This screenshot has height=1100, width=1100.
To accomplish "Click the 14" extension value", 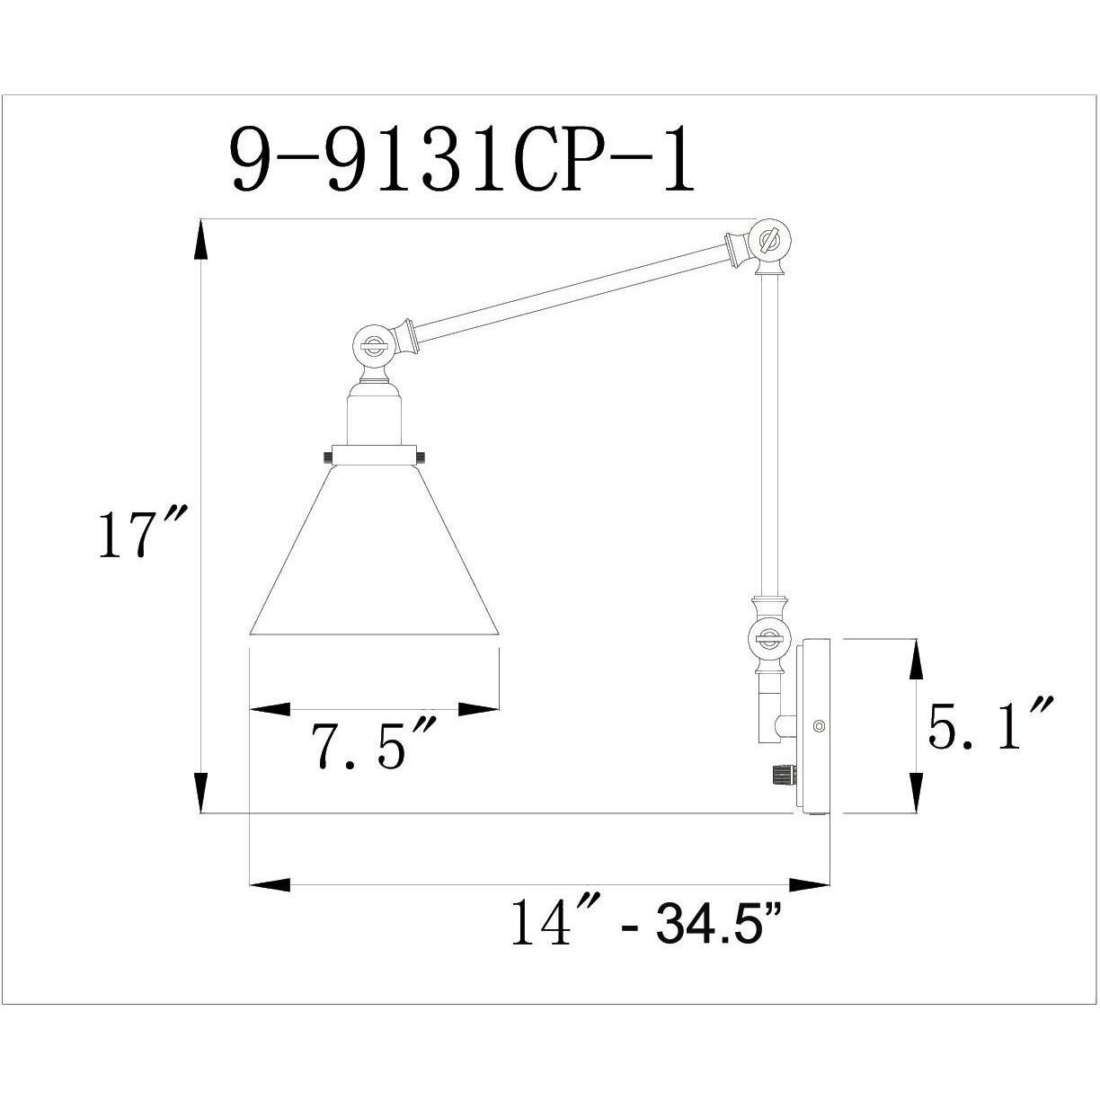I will pos(542,922).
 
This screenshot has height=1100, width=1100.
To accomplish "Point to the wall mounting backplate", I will pos(813,726).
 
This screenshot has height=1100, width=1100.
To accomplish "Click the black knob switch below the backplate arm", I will pos(782,773).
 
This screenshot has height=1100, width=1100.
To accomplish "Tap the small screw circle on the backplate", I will pos(817,725).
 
